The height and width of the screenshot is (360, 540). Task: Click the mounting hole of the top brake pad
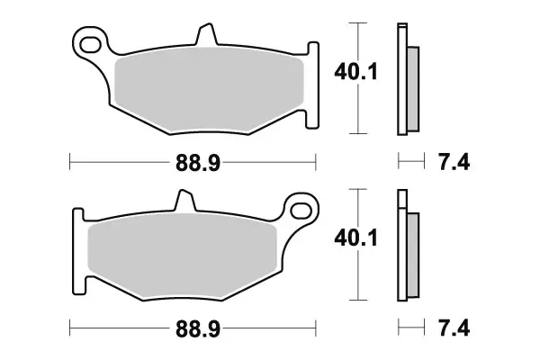[88, 41]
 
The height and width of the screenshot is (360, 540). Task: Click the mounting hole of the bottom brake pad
[299, 211]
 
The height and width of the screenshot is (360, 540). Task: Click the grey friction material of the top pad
[207, 90]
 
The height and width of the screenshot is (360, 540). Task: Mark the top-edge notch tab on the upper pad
[206, 34]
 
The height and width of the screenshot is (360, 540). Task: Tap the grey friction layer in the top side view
[412, 87]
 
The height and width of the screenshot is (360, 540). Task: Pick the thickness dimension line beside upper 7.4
[410, 162]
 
